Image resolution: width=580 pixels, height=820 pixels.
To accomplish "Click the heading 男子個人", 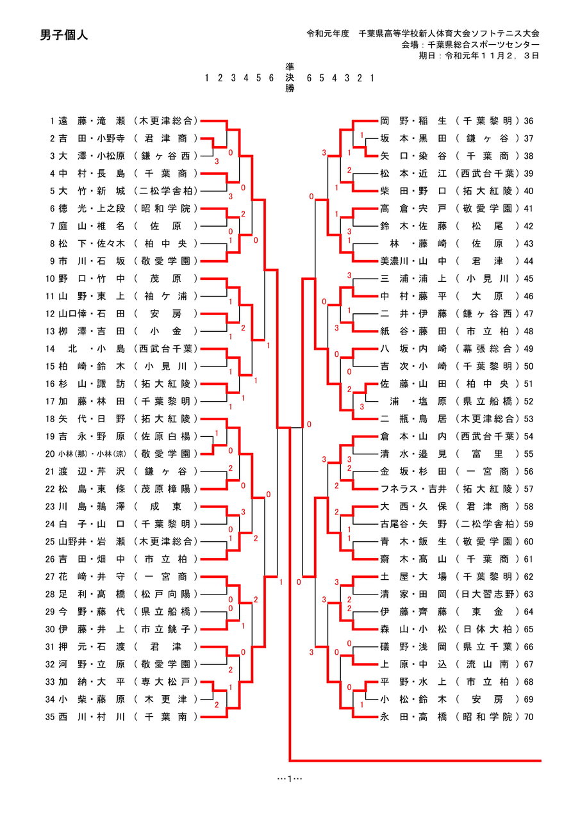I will coord(63,35).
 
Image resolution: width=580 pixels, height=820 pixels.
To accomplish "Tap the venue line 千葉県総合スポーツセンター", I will coord(470,45).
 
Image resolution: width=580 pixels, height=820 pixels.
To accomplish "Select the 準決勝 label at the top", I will coord(289,78).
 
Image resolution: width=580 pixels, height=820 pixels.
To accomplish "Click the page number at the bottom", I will coord(290,778).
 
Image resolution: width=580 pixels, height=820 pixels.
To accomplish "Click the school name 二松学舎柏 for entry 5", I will coord(166,191).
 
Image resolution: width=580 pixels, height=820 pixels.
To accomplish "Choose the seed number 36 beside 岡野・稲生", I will coord(529,120).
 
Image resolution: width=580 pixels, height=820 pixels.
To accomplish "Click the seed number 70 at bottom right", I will coord(529,717).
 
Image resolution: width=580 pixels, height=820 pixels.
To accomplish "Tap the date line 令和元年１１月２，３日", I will coord(479,55).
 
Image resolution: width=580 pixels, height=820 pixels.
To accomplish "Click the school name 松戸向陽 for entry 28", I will coord(166,594).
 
